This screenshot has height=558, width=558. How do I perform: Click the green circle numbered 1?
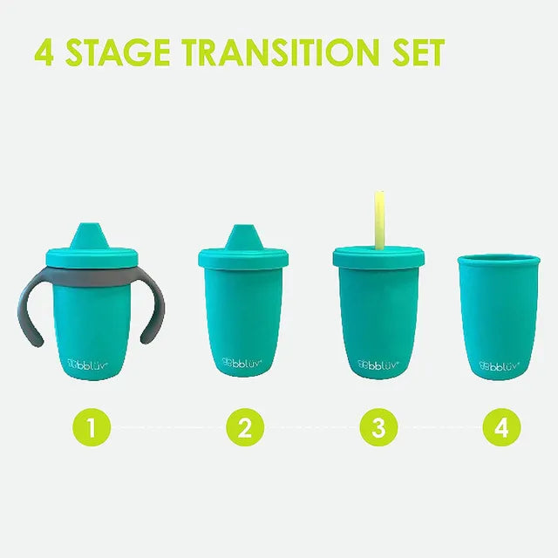[x=91, y=427]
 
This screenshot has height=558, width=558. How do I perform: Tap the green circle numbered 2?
[x=245, y=427]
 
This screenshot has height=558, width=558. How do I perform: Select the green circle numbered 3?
[x=378, y=427]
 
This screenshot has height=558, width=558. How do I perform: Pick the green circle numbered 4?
[x=502, y=427]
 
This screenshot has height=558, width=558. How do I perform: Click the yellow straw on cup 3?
[x=380, y=218]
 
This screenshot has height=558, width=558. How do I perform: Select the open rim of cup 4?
[x=500, y=260]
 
